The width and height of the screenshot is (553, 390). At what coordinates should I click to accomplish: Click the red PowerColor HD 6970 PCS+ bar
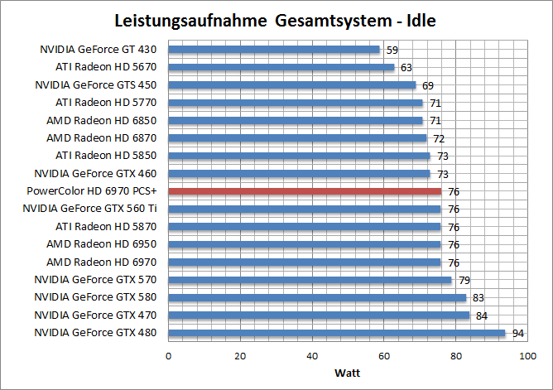(305, 191)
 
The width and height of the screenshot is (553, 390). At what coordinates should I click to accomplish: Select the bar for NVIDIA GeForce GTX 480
(337, 334)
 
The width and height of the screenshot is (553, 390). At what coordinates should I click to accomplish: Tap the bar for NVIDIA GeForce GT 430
(274, 50)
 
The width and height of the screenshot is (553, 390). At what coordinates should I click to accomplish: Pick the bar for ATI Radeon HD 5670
(281, 67)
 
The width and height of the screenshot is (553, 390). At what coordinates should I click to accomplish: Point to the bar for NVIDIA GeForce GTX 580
(317, 298)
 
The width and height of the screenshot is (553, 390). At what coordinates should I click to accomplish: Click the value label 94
(517, 334)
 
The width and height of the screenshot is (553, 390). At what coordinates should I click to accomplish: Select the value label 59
(392, 50)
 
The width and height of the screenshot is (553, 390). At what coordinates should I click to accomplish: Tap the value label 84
(481, 315)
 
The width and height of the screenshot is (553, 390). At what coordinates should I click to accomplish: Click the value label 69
(428, 85)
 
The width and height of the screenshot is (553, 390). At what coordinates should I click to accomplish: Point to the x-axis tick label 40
(312, 356)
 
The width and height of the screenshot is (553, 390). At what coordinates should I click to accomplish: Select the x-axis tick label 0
(169, 356)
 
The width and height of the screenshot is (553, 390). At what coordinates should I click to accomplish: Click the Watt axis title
(348, 372)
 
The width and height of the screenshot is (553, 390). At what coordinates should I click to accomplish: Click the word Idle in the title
(415, 19)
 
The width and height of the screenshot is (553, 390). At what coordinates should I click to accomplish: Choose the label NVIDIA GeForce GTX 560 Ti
(91, 209)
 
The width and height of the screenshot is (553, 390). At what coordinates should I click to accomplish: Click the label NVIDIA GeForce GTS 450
(95, 84)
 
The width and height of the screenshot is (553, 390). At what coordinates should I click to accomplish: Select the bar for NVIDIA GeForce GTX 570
(310, 280)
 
